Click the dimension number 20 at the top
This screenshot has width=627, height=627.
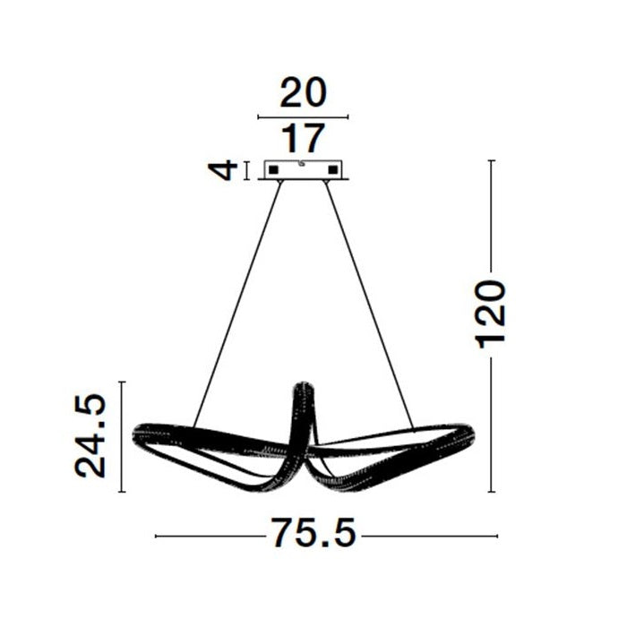pyautogui.click(x=303, y=93)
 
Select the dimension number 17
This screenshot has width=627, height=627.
pyautogui.click(x=303, y=140)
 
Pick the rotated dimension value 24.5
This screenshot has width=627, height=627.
pyautogui.click(x=91, y=436)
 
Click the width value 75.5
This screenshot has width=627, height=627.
pyautogui.click(x=314, y=535)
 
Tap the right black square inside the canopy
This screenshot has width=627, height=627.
pyautogui.click(x=334, y=169)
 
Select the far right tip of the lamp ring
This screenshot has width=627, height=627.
pyautogui.click(x=473, y=435)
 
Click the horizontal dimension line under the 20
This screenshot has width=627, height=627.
pyautogui.click(x=303, y=116)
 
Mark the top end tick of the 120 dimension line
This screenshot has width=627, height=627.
pyautogui.click(x=492, y=160)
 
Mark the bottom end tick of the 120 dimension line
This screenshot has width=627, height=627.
pyautogui.click(x=492, y=492)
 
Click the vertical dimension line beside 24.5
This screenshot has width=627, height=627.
pyautogui.click(x=123, y=436)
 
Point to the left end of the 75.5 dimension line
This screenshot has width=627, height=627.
pyautogui.click(x=157, y=537)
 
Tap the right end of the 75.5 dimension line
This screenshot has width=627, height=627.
pyautogui.click(x=497, y=537)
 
